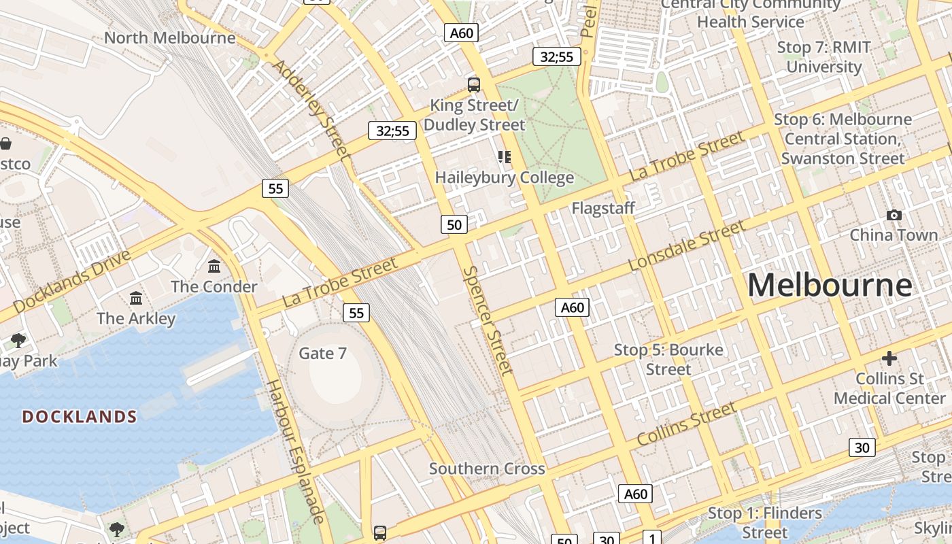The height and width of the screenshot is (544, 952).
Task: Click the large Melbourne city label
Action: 830,286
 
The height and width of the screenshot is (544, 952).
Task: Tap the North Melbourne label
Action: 169,37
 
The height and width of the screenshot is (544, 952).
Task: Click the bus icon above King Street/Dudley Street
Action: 474,85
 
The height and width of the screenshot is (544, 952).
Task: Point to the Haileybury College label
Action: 505,178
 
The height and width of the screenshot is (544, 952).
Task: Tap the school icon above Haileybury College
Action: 504,157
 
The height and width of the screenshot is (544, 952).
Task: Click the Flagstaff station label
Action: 603,208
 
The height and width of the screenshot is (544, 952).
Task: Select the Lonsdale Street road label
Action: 687,246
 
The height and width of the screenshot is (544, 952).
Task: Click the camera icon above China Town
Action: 894,216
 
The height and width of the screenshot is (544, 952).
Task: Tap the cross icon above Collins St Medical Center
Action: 889,358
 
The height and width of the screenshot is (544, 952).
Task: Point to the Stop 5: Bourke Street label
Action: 668,360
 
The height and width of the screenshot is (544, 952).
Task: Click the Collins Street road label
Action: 687,424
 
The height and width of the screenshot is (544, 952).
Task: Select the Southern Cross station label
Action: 487,469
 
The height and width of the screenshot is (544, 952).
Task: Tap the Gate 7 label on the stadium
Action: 323,354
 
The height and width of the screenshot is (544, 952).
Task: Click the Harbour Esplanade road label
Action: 295,452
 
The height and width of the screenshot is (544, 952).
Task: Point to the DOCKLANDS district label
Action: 80,417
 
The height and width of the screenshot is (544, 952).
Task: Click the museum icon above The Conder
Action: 214,266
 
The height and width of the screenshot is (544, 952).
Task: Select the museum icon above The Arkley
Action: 136,298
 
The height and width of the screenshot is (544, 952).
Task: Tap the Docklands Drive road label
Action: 71,282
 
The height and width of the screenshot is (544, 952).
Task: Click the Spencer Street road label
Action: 488,320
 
